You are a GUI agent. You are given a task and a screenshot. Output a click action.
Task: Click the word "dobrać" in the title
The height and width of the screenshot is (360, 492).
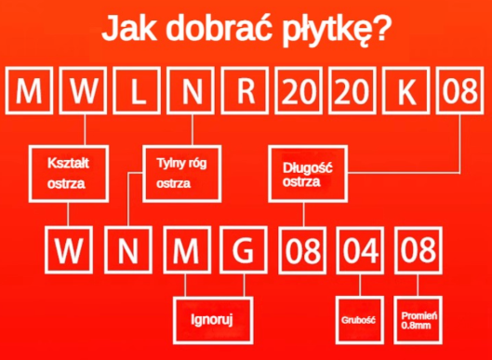pyautogui.click(x=224, y=31)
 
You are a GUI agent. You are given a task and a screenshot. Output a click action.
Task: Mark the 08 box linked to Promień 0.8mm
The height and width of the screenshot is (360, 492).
pyautogui.click(x=416, y=251)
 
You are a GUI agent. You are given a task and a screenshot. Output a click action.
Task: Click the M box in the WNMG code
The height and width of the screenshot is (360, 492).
pyautogui.click(x=185, y=251)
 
